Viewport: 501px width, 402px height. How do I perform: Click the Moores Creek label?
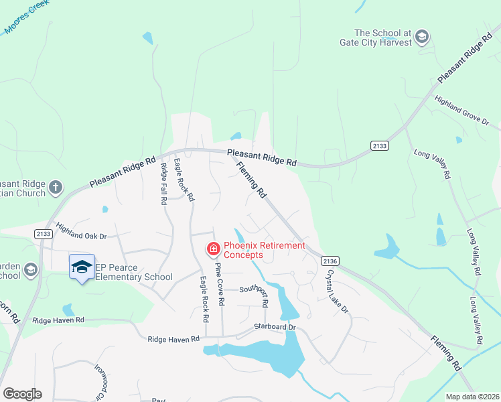(27, 19)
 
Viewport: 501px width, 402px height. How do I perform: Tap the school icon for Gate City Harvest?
(422, 36)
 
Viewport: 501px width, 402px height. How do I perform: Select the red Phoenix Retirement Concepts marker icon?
(214, 250)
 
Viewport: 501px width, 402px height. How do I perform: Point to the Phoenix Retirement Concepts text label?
(264, 250)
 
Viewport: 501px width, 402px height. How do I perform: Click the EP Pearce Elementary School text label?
(134, 272)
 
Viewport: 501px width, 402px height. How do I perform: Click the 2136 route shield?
(330, 261)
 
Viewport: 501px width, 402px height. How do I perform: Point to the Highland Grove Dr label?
(462, 111)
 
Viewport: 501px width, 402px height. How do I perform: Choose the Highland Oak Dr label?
(82, 232)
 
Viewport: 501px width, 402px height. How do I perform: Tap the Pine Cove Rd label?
(220, 283)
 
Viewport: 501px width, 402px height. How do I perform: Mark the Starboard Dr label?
(275, 327)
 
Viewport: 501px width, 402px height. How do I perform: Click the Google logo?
(22, 394)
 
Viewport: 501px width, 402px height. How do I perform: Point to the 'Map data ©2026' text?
(472, 397)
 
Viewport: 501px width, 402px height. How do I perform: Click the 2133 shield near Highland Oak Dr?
(42, 232)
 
